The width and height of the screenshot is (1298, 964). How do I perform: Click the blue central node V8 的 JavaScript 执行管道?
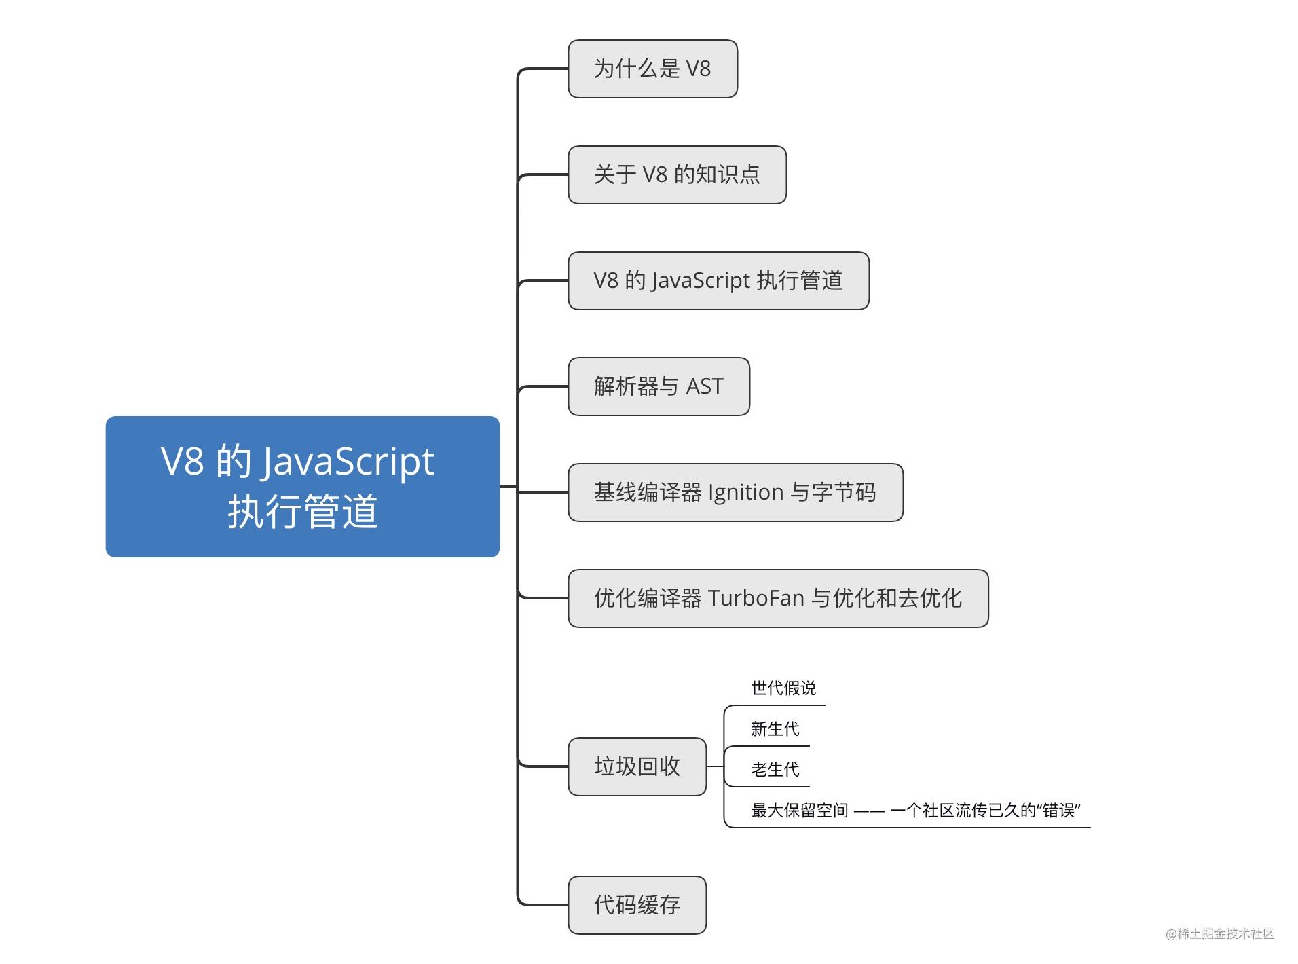click(302, 486)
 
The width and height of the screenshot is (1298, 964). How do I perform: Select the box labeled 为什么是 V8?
click(652, 69)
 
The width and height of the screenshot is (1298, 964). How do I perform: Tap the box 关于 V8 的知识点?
click(677, 174)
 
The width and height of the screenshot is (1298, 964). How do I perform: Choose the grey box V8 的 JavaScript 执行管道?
click(718, 280)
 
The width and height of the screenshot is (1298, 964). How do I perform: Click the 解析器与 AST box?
click(659, 386)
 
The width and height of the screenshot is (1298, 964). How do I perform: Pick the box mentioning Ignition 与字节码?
click(735, 492)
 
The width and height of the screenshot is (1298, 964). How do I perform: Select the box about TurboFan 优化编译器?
click(778, 598)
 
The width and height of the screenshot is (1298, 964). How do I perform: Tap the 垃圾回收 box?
click(637, 766)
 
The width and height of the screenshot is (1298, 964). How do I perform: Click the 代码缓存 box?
click(637, 905)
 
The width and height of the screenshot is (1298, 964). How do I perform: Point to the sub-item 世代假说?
click(783, 688)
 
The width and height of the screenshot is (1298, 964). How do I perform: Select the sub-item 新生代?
click(775, 729)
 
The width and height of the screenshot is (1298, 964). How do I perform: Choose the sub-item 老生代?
click(775, 770)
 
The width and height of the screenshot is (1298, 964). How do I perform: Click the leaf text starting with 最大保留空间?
click(915, 811)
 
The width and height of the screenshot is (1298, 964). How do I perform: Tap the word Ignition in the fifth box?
click(745, 492)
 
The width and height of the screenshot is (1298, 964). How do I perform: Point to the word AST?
click(705, 386)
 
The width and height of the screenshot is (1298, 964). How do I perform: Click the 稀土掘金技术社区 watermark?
click(1219, 933)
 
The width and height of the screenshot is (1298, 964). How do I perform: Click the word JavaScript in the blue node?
click(348, 462)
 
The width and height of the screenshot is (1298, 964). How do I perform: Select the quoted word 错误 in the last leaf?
click(1058, 811)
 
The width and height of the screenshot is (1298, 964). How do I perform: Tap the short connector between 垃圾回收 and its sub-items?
click(715, 766)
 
